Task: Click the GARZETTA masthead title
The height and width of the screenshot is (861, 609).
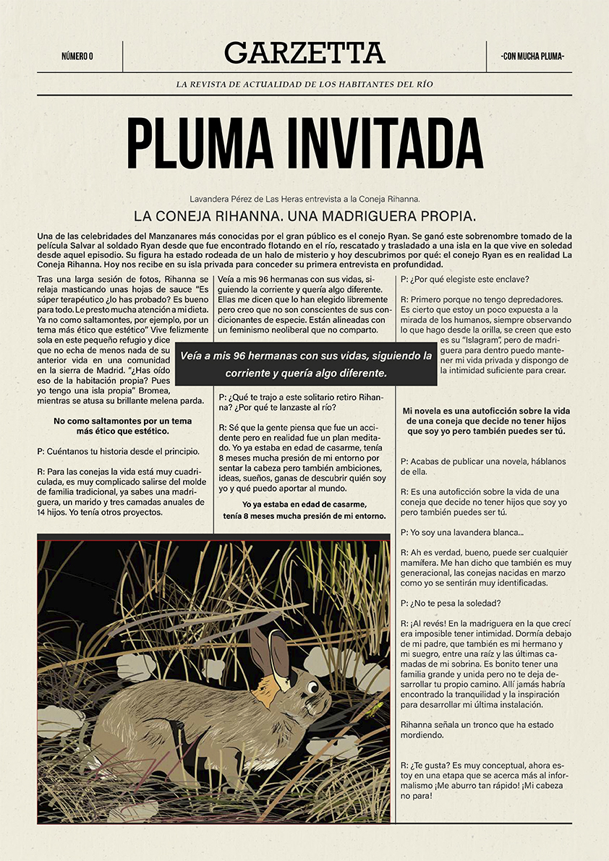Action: pos(304,53)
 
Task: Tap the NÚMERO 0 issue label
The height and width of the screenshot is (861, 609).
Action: pos(77,56)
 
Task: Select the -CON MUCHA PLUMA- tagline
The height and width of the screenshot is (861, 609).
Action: pos(532,56)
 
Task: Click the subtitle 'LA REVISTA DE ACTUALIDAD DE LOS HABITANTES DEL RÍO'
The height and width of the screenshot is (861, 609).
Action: pos(304,85)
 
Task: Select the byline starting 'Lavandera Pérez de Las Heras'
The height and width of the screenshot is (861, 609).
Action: pos(304,198)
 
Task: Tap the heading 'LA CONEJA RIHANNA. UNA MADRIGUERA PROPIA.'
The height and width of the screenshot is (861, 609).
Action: pos(304,215)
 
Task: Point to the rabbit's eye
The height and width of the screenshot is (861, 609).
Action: pos(312,685)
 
